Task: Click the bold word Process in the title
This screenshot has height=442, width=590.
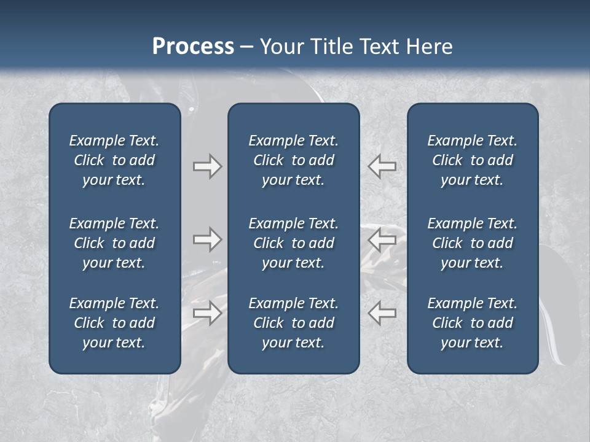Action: pyautogui.click(x=193, y=47)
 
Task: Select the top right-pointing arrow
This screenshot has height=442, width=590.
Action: pyautogui.click(x=207, y=166)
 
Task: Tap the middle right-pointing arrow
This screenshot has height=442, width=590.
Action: pyautogui.click(x=207, y=239)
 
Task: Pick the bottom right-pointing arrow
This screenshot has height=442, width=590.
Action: pyautogui.click(x=207, y=313)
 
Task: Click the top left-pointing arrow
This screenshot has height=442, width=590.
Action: pyautogui.click(x=382, y=166)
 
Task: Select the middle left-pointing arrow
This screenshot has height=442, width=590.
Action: pyautogui.click(x=382, y=239)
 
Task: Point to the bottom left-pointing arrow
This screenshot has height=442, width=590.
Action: pyautogui.click(x=382, y=313)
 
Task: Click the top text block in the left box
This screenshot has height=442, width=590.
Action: pyautogui.click(x=114, y=160)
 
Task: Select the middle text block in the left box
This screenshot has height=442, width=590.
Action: pyautogui.click(x=114, y=243)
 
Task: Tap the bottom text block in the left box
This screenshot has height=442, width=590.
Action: pyautogui.click(x=114, y=323)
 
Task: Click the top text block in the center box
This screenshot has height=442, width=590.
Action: pyautogui.click(x=293, y=160)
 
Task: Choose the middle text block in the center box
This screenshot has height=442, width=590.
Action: pyautogui.click(x=293, y=243)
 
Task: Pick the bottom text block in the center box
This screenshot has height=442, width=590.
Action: pyautogui.click(x=293, y=323)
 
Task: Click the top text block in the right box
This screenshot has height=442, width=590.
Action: pyautogui.click(x=472, y=160)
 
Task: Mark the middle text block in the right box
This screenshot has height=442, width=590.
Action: pyautogui.click(x=472, y=243)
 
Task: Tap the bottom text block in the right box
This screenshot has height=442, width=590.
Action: pyautogui.click(x=472, y=323)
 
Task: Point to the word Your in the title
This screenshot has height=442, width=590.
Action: pyautogui.click(x=281, y=47)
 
